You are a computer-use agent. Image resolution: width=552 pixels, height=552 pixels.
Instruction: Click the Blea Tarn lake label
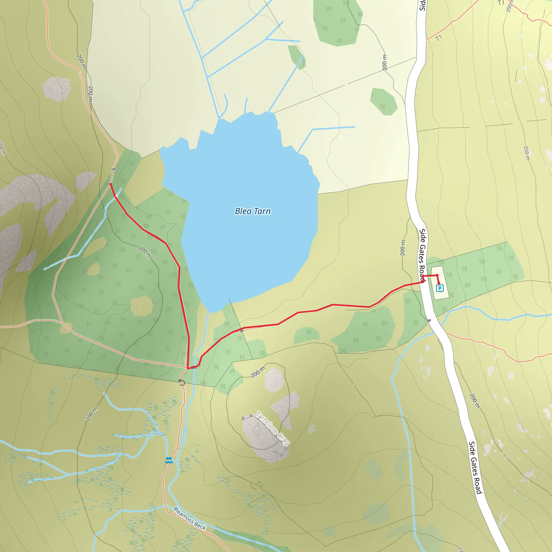(253, 211)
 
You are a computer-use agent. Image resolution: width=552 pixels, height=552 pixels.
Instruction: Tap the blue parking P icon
(440, 288)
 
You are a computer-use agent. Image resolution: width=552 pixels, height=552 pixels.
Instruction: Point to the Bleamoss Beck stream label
(189, 518)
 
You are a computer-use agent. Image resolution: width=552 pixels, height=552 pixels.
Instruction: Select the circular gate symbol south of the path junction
(182, 382)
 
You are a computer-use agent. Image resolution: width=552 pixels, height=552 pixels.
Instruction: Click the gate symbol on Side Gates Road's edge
(429, 320)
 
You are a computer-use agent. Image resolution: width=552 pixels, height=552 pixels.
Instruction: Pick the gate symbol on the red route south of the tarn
(242, 331)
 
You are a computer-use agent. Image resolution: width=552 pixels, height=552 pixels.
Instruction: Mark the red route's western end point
(110, 184)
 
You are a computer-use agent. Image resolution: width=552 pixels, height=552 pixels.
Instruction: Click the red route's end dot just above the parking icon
(437, 275)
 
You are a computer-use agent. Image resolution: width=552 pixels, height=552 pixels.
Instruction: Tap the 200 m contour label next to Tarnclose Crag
(258, 372)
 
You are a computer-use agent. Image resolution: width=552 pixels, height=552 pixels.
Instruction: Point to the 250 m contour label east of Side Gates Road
(527, 153)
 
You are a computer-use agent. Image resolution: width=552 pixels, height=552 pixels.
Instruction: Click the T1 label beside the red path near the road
(439, 38)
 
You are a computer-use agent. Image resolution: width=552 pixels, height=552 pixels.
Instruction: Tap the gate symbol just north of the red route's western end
(113, 169)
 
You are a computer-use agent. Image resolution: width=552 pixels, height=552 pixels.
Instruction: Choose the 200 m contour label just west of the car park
(403, 248)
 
